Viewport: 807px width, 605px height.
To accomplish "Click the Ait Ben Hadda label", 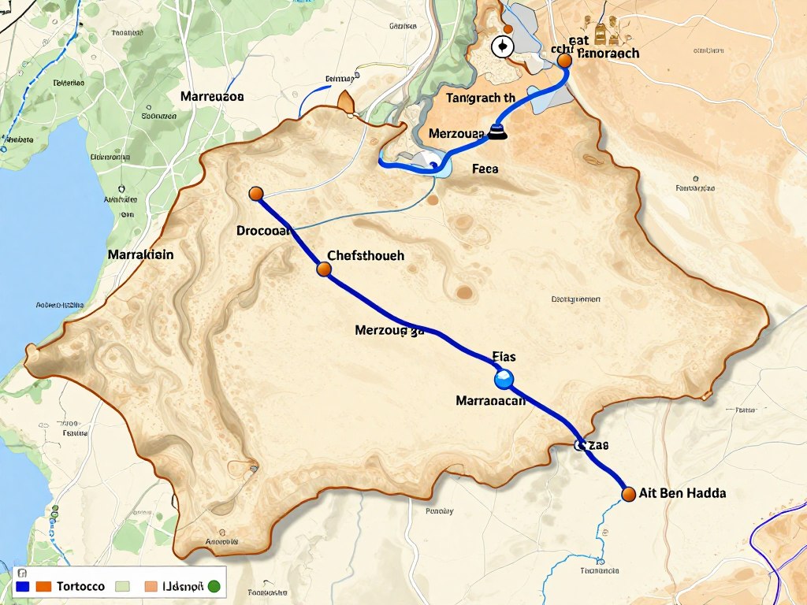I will coord(682,493).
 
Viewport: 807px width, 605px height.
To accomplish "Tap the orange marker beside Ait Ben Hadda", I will coord(628,494).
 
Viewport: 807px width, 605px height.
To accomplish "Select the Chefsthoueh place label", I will coord(365,255).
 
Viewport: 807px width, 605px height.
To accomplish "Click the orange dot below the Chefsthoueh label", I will coord(323,269).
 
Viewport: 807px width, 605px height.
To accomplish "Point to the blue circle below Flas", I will coord(504,380).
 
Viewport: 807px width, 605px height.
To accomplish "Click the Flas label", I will coord(504,357).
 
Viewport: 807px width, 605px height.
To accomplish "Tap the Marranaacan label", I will coord(490,400).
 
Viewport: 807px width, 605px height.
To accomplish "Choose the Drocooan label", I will coord(264,231).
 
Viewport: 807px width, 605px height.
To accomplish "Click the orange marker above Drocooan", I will coord(255,194).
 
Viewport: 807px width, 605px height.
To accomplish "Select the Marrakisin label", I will coord(140,255).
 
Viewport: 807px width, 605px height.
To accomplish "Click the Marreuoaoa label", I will coord(212,96).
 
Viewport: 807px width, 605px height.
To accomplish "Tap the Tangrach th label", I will coord(480,98).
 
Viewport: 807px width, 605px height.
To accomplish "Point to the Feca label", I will coord(485,169).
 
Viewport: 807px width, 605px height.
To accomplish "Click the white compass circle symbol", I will coord(501,47).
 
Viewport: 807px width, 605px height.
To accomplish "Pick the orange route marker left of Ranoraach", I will coord(563,61).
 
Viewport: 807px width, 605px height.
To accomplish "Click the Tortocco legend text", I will coord(81,587).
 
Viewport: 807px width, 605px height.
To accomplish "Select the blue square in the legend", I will coord(22,587).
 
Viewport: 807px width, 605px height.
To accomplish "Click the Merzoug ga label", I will coord(390,331).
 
